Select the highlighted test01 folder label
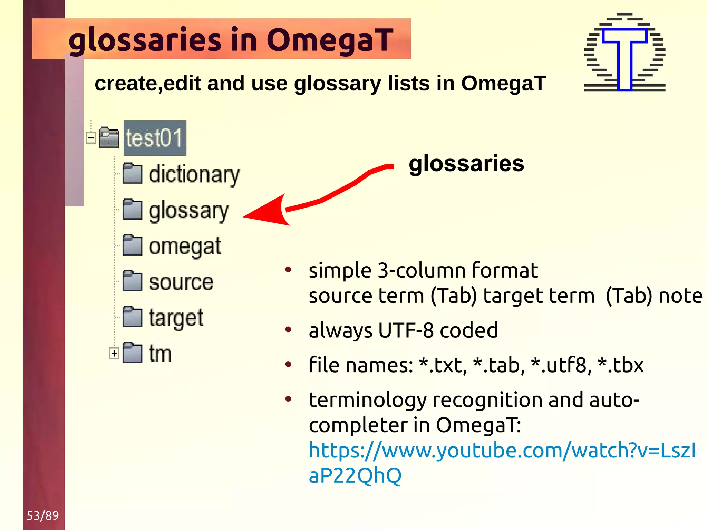click(x=154, y=138)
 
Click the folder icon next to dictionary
click(x=132, y=173)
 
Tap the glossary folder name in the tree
click(x=188, y=211)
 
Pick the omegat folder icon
click(x=132, y=245)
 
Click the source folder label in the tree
click(x=181, y=282)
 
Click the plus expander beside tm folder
click(x=114, y=353)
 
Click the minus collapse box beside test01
click(x=91, y=138)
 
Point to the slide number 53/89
click(x=43, y=515)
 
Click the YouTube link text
click(x=502, y=451)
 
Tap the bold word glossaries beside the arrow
click(x=466, y=164)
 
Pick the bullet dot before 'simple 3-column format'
click(x=288, y=270)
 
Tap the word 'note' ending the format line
click(x=680, y=296)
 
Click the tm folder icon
click(x=132, y=353)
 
